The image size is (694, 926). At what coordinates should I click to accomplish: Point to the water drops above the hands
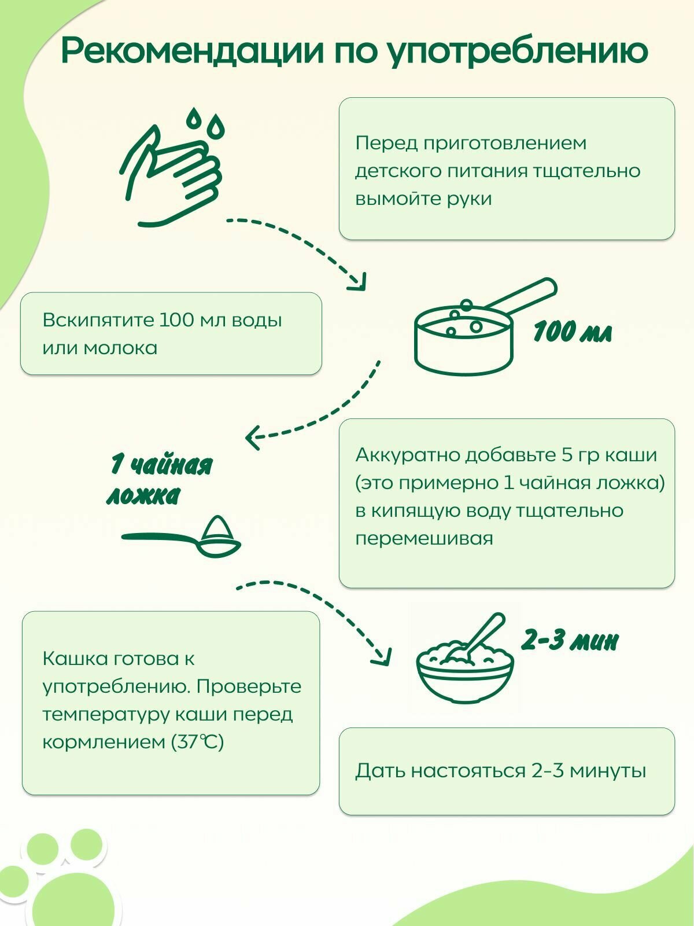tap(205, 122)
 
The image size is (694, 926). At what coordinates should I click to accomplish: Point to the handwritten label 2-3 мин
tap(570, 641)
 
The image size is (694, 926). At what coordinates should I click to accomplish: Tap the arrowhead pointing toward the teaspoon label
tap(253, 436)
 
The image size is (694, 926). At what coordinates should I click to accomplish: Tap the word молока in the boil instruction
tap(120, 348)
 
